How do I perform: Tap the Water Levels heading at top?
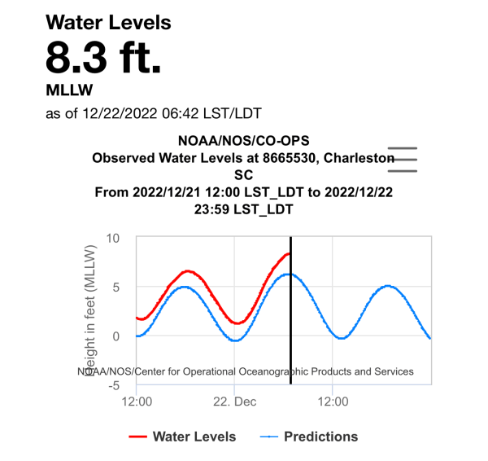108,22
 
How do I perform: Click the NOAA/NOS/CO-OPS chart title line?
243,141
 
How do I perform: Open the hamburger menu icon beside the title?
402,160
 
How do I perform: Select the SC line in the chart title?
243,174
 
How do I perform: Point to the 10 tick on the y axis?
112,239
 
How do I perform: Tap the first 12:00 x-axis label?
137,402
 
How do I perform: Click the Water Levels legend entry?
183,437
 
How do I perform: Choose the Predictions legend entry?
309,437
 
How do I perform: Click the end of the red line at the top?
289,254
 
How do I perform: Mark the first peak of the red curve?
187,271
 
